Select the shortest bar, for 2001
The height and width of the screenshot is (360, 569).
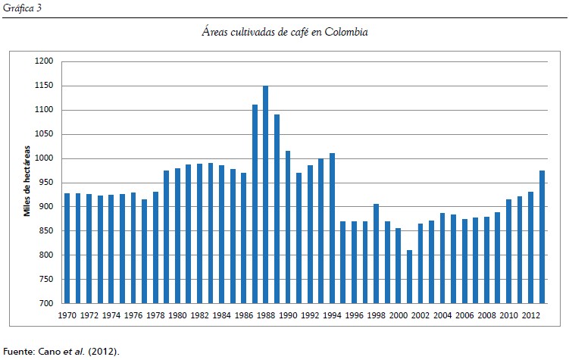(x=410, y=276)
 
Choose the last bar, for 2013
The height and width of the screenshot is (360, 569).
(x=542, y=236)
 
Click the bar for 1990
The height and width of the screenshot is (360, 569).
(x=288, y=227)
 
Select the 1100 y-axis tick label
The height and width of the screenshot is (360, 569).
(x=45, y=111)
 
